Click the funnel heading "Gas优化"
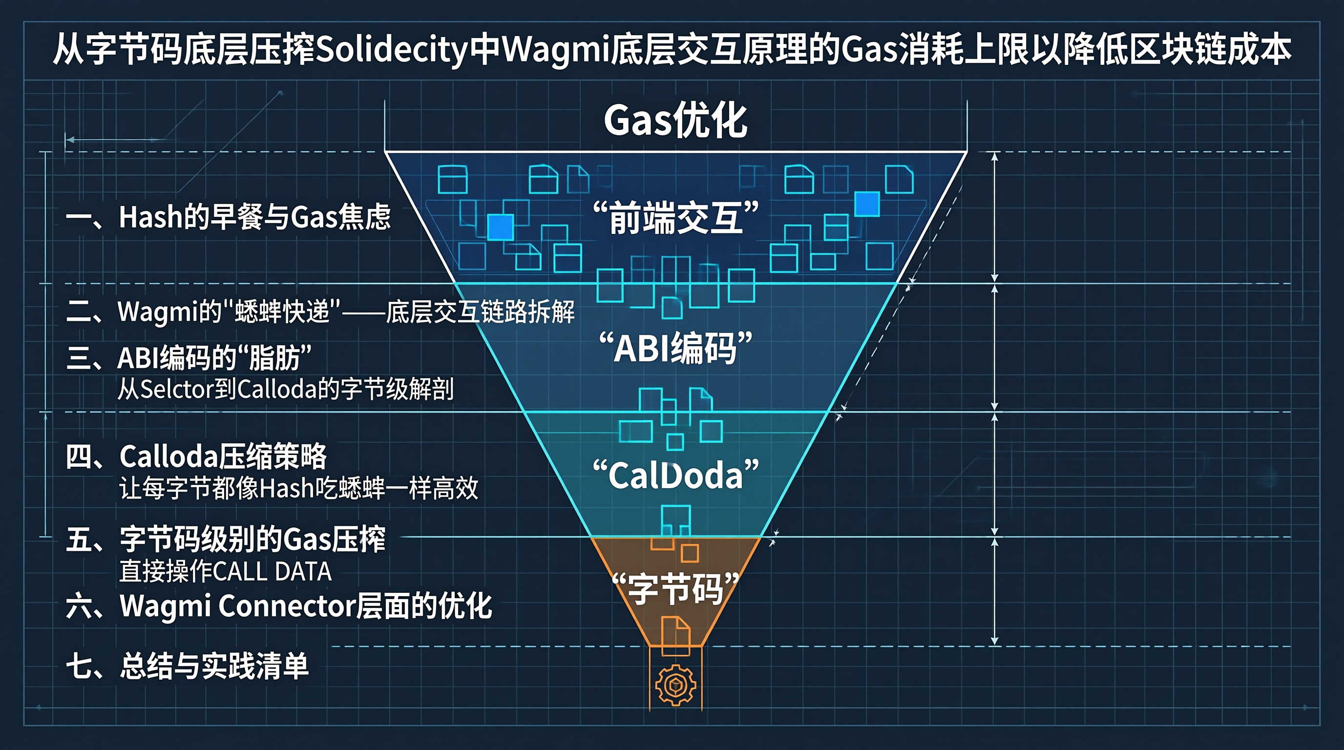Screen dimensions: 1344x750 click(675, 121)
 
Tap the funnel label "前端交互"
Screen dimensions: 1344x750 click(675, 217)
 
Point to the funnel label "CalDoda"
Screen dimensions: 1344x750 click(675, 475)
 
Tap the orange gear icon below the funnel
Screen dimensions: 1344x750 click(675, 685)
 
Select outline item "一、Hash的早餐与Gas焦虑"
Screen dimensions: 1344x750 click(229, 217)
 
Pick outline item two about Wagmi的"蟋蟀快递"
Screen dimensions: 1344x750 click(320, 312)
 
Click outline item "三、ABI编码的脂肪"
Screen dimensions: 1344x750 click(189, 358)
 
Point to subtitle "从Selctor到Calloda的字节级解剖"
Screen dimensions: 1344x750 click(286, 389)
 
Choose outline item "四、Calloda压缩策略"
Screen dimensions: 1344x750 click(196, 457)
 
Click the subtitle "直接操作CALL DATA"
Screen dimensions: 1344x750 click(226, 571)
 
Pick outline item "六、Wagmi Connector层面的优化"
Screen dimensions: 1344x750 click(279, 606)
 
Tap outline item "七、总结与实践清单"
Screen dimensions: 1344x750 click(188, 667)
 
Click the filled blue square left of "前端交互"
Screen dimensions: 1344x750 click(501, 228)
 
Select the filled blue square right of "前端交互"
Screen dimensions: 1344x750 click(867, 204)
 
